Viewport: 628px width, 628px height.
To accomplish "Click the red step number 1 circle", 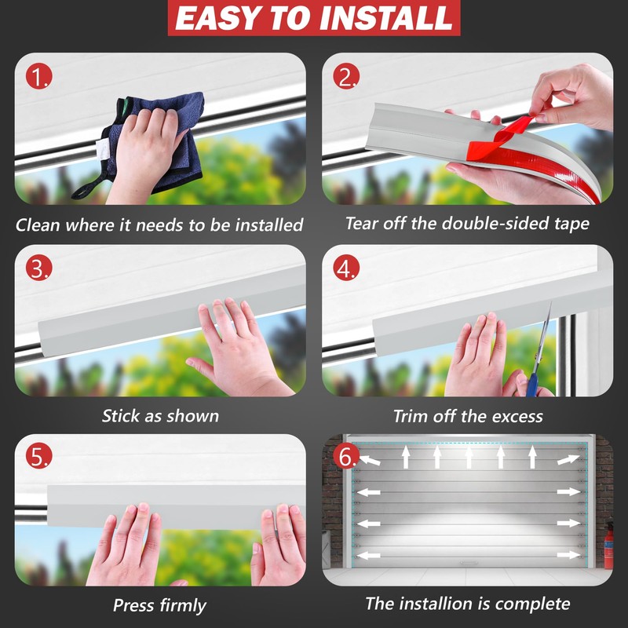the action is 38,75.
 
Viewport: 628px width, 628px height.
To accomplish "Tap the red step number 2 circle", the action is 346,75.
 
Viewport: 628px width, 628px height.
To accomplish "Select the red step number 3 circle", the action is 38,268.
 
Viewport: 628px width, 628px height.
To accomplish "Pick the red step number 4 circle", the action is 346,268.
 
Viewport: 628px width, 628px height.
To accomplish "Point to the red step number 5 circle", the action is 38,455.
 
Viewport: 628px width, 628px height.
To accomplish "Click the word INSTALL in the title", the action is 386,18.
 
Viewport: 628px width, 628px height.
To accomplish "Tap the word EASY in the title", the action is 220,18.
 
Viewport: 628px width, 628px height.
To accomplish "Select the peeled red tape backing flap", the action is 505,134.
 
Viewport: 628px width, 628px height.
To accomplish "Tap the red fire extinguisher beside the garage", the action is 608,546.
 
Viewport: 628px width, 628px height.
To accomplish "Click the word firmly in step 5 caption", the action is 183,605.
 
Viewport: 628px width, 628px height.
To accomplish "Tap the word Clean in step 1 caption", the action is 38,225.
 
